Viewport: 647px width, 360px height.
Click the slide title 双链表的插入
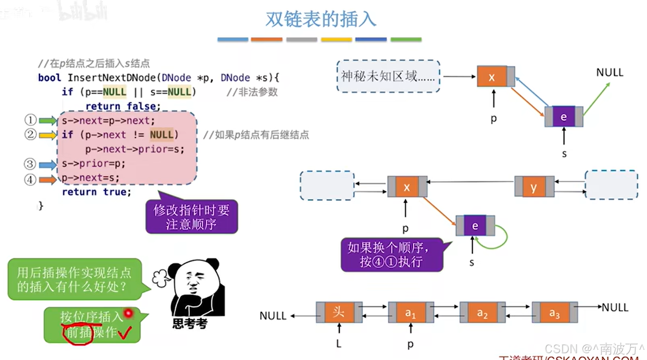point(321,20)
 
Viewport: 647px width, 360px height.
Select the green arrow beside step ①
point(48,121)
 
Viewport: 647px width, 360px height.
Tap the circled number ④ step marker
point(30,180)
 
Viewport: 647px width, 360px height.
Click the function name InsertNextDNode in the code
point(112,78)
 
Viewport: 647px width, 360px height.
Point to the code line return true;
point(96,192)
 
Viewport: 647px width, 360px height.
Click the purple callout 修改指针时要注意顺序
point(192,217)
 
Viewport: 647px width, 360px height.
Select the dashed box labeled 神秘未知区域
point(388,76)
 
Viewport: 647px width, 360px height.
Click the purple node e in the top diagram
point(563,117)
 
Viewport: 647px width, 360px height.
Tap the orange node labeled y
point(533,187)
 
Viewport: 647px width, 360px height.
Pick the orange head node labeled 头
point(338,312)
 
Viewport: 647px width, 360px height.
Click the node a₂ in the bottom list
point(482,313)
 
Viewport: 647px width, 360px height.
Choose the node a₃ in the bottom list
point(554,313)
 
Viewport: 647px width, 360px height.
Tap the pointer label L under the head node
point(338,344)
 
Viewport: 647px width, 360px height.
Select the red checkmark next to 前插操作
point(125,332)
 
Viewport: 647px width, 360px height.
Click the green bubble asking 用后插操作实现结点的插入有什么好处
point(74,279)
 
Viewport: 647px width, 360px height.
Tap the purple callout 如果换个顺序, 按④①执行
point(391,255)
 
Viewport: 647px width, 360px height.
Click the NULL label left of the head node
point(273,316)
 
